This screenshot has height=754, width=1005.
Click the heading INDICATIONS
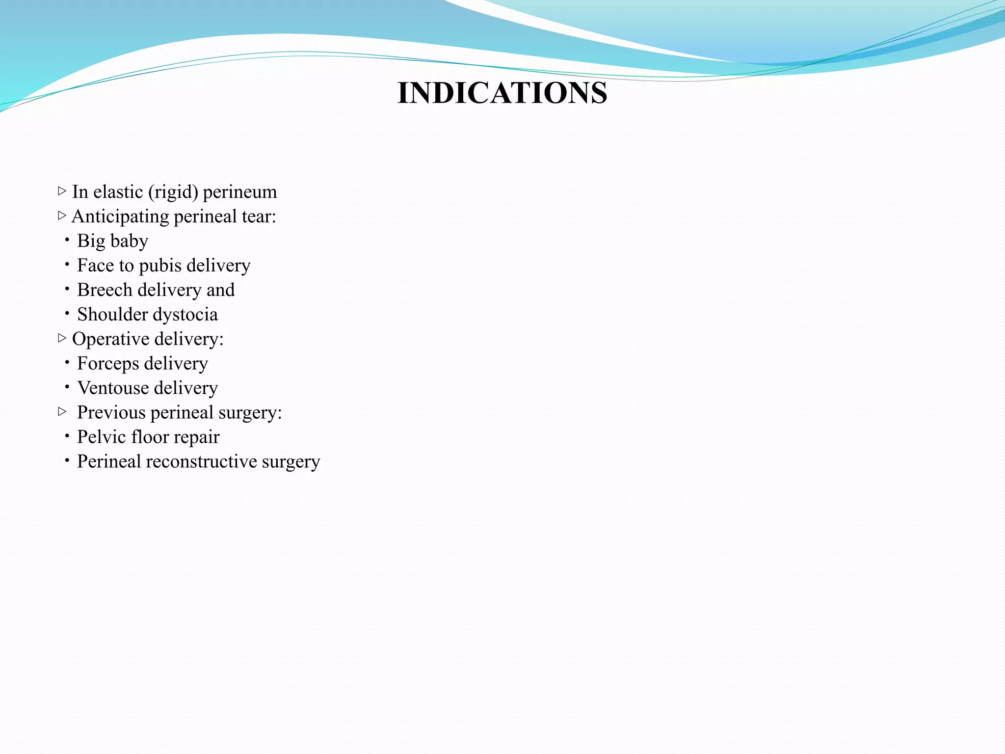pos(502,93)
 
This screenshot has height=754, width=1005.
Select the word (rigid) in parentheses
pos(176,192)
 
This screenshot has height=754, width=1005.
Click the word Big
pos(91,241)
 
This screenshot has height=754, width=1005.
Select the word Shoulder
pos(112,314)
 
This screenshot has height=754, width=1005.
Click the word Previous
pos(111,412)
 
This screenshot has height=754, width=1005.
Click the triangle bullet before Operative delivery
pos(62,338)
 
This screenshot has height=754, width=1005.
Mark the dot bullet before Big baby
pos(67,240)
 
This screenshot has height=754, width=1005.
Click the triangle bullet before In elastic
pos(62,190)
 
